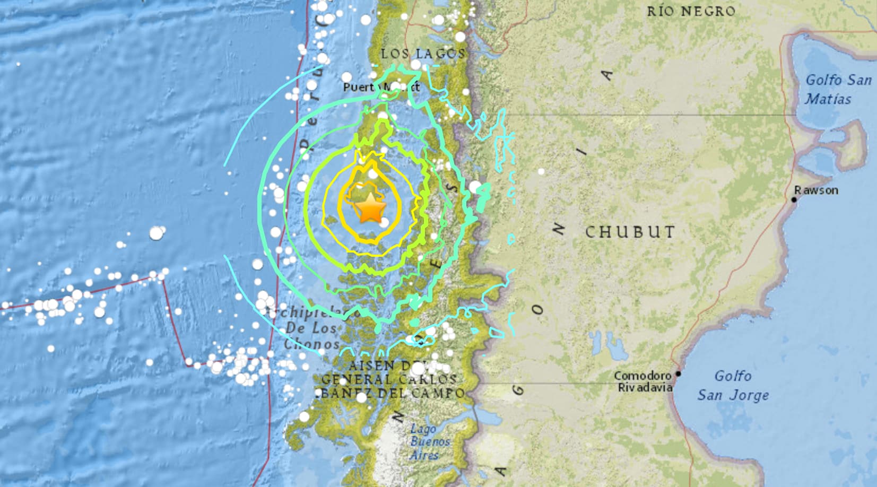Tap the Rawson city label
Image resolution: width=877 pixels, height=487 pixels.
point(816,190)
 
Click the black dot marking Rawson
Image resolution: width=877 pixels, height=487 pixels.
point(794,199)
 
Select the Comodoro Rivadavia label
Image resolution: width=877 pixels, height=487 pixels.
point(642,381)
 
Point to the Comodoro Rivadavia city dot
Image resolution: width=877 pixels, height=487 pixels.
point(678,374)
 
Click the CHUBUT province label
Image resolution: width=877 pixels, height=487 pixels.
point(630,232)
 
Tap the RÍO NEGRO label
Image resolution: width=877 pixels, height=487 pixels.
point(691,11)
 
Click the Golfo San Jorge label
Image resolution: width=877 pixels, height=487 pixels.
point(733,385)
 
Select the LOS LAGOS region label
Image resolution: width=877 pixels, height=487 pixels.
point(423,54)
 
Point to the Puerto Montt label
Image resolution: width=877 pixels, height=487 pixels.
point(380,87)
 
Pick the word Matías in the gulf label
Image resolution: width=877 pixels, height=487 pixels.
point(828,99)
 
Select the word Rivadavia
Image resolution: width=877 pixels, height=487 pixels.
point(645,388)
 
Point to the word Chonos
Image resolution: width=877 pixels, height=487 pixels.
point(311,344)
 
